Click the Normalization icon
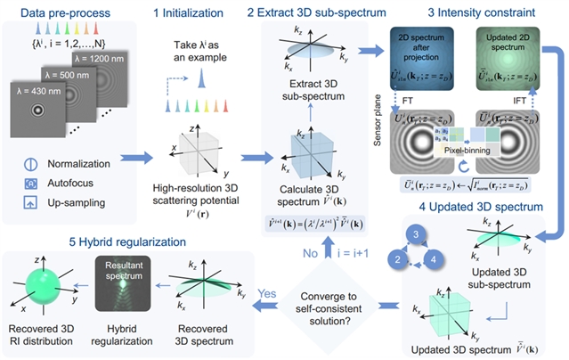31,164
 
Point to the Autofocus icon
31,184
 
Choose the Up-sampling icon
31,202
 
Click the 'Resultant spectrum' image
123,297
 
